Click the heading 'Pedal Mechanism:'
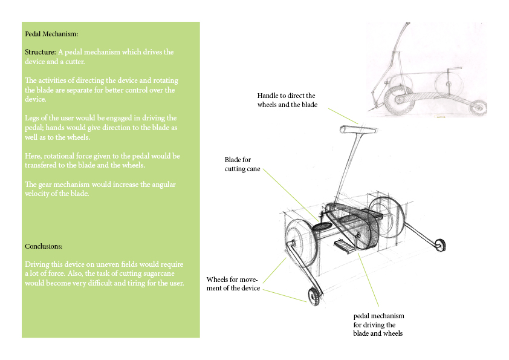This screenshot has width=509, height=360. coord(51,34)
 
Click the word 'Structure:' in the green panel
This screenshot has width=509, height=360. coord(40,52)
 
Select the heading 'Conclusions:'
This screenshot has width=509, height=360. coord(44,246)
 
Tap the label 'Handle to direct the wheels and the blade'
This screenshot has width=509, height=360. coord(287,100)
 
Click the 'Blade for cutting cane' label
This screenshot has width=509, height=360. coord(242,165)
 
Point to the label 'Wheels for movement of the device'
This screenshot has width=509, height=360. coord(233,283)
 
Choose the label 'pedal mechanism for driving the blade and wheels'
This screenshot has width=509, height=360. coord(378,325)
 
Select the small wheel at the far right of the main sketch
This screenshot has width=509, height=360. coord(440,244)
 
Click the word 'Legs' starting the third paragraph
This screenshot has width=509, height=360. coord(31,117)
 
